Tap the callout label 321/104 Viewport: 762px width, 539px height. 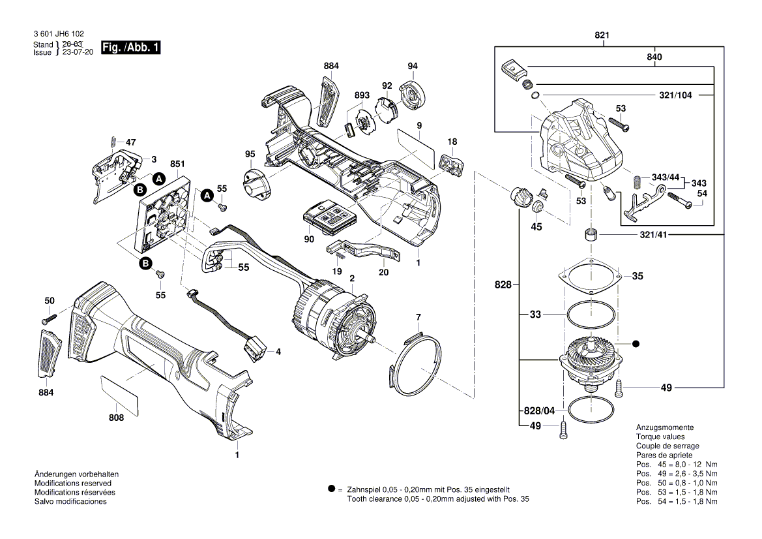(675, 95)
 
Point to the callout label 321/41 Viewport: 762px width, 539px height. (675, 234)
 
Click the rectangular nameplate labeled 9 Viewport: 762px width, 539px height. (417, 147)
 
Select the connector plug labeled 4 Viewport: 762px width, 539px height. (255, 350)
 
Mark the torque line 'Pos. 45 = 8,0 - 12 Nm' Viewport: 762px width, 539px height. (677, 464)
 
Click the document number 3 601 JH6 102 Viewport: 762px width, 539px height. (57, 34)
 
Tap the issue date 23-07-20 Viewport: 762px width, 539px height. (78, 52)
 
